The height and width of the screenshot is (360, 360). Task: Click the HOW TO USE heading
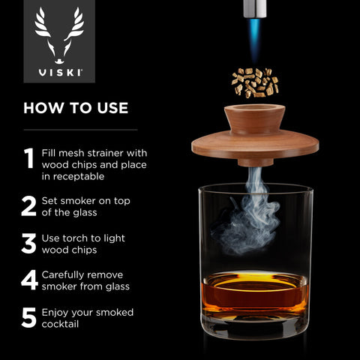76,108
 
